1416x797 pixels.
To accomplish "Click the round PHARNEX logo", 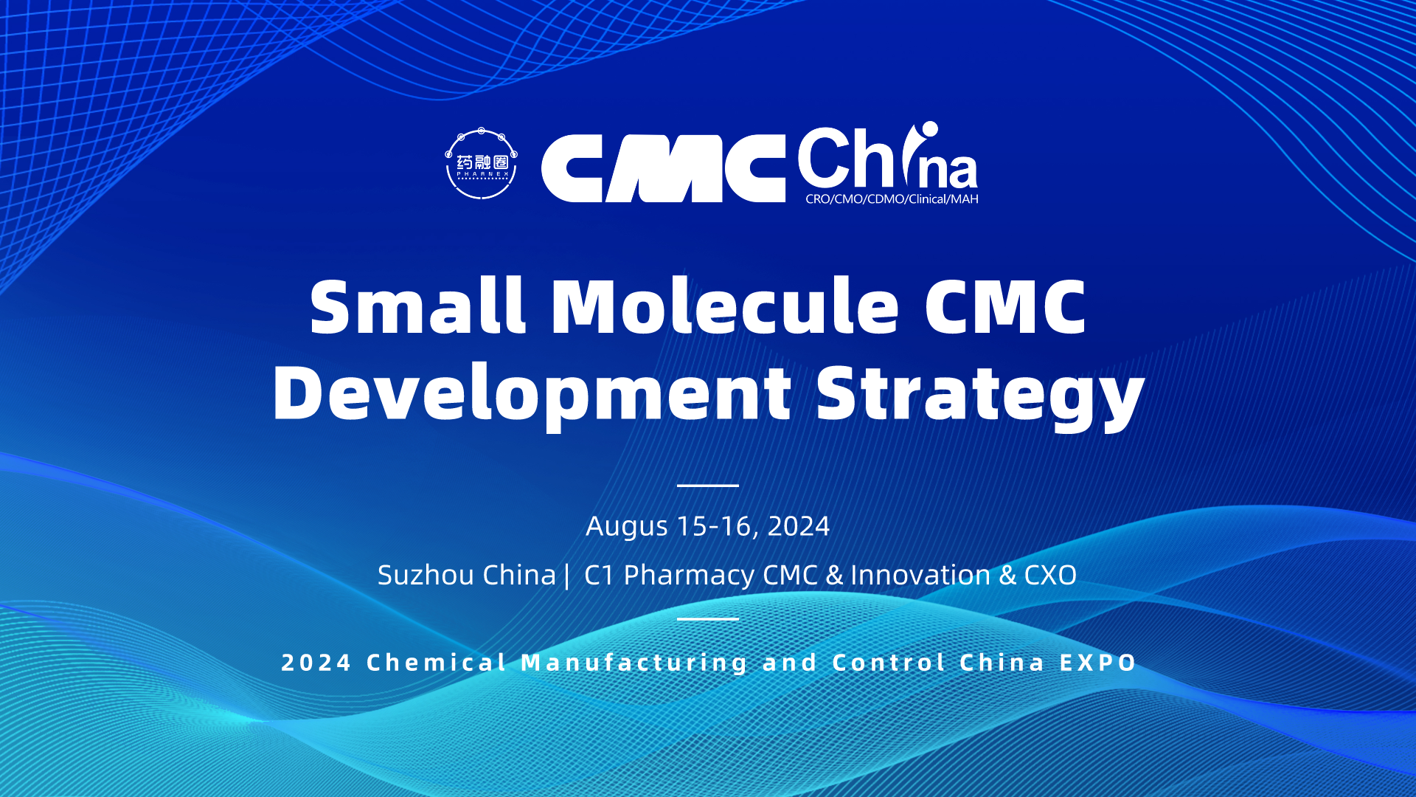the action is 482,164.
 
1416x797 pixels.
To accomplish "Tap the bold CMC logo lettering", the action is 663,168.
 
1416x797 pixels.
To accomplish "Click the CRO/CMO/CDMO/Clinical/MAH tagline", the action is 892,199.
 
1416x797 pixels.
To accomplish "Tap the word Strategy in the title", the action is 980,395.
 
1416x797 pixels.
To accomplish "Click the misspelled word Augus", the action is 627,527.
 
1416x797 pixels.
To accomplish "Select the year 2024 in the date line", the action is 799,526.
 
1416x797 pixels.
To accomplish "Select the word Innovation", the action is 920,575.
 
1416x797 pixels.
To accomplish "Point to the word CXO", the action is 1050,575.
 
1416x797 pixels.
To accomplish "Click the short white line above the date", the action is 708,486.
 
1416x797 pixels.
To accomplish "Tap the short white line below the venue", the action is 708,618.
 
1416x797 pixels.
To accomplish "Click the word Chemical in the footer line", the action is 437,663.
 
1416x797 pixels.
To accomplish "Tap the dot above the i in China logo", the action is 929,129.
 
